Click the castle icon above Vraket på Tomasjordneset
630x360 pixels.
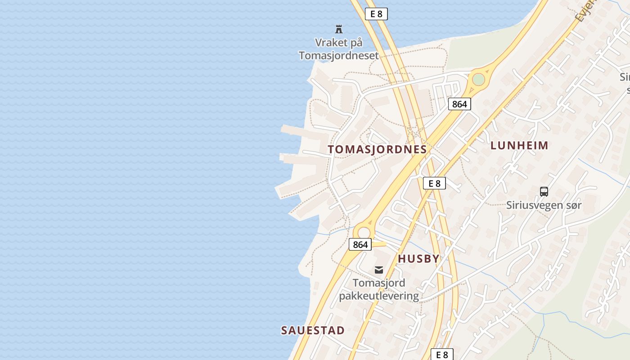pyautogui.click(x=339, y=29)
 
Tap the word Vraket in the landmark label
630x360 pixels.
pyautogui.click(x=331, y=43)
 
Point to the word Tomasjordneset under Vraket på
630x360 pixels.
pyautogui.click(x=339, y=56)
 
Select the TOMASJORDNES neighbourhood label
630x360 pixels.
pyautogui.click(x=377, y=149)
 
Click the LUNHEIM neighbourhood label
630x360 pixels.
pyautogui.click(x=519, y=145)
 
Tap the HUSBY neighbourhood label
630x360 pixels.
pyautogui.click(x=418, y=258)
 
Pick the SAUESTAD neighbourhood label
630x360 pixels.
pyautogui.click(x=313, y=330)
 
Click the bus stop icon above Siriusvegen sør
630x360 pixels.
pyautogui.click(x=544, y=192)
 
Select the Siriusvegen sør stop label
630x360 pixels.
pyautogui.click(x=544, y=205)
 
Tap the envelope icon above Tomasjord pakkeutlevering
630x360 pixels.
pyautogui.click(x=379, y=270)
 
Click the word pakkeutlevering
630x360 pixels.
pyautogui.click(x=379, y=296)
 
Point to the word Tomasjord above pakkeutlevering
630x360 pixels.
pyautogui.click(x=379, y=283)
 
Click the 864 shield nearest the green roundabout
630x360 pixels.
pyautogui.click(x=459, y=104)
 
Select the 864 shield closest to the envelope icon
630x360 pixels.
pyautogui.click(x=360, y=244)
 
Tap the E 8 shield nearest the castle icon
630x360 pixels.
pyautogui.click(x=376, y=14)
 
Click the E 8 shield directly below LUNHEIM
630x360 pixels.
pyautogui.click(x=434, y=183)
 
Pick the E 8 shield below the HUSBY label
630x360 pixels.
pyautogui.click(x=442, y=355)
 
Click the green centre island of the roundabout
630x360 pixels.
pyautogui.click(x=478, y=80)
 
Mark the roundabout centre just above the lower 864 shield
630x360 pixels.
pyautogui.click(x=363, y=232)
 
